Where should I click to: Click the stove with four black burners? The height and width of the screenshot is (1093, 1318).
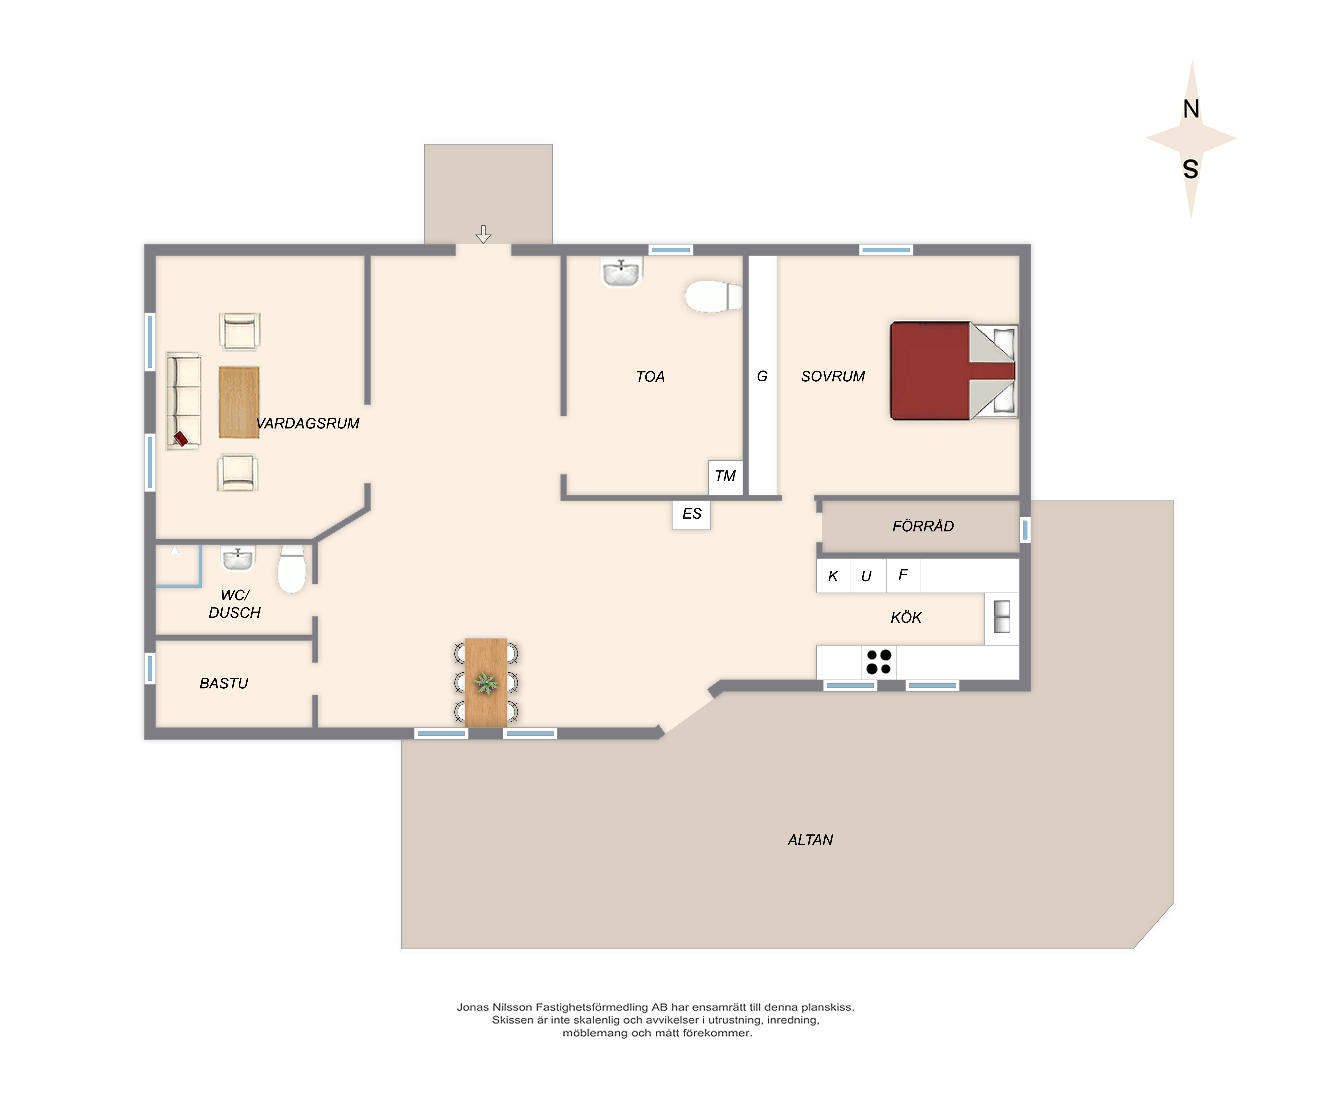879,662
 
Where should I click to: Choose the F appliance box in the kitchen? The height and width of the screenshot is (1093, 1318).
903,575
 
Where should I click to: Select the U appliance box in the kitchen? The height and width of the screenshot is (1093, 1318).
868,575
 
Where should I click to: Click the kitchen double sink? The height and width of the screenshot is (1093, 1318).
1002,617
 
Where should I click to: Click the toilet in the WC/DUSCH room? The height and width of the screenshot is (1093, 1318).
292,568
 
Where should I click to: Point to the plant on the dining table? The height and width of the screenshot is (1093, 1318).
486,683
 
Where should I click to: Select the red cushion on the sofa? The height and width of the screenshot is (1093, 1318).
181,438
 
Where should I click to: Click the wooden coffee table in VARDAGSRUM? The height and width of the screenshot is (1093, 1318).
239,402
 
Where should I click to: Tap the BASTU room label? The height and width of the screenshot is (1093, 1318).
224,683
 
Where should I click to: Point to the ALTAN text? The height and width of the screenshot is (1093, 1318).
810,840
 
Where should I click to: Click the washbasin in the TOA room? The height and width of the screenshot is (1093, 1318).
621,272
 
